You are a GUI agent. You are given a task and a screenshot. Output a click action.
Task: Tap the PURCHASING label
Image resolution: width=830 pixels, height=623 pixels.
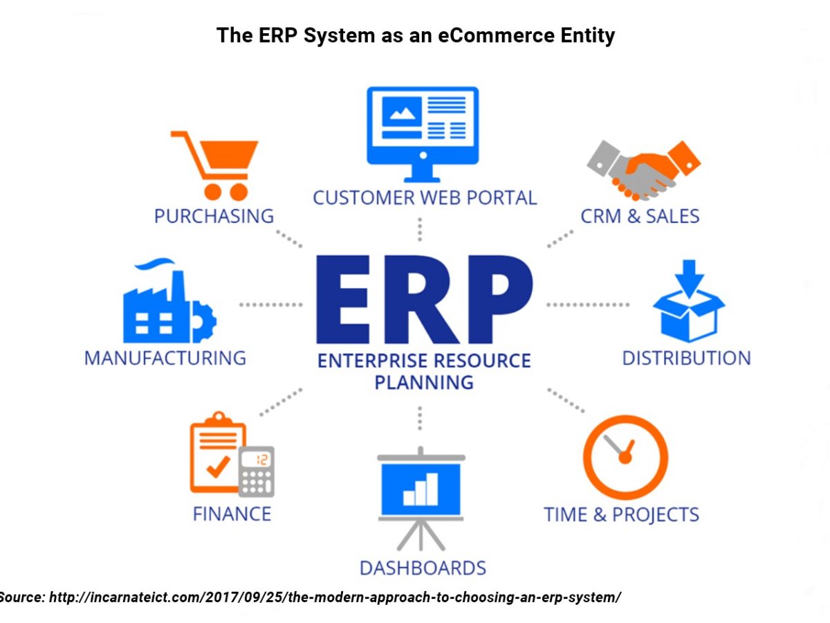(x=214, y=217)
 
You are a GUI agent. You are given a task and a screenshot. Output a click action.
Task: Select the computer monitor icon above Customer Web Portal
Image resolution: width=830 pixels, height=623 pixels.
(x=423, y=134)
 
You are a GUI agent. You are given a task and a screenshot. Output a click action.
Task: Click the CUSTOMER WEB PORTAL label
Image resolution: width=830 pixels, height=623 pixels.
(x=425, y=198)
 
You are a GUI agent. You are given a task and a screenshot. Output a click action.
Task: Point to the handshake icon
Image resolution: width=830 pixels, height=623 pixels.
(x=643, y=170)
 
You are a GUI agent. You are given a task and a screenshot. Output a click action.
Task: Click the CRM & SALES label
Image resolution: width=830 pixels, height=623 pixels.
(x=640, y=217)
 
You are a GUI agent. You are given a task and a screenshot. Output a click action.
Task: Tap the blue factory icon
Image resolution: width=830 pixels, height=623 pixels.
(x=169, y=300)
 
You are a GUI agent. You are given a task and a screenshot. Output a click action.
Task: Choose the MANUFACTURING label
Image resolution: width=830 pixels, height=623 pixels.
(x=165, y=358)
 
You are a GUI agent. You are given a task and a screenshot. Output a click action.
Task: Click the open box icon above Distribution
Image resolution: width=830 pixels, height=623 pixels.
(x=689, y=300)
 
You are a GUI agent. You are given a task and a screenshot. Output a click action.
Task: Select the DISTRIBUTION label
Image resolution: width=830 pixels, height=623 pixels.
(x=686, y=358)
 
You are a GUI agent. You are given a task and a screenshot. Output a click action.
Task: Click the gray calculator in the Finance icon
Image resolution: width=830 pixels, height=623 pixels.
(x=257, y=471)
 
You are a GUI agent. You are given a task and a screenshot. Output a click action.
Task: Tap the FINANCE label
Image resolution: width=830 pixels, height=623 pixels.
(x=232, y=514)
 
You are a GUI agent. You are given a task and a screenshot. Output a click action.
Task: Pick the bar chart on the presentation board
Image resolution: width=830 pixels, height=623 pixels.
(x=421, y=489)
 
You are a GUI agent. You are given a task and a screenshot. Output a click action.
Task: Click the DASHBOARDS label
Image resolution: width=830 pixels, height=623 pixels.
(x=423, y=568)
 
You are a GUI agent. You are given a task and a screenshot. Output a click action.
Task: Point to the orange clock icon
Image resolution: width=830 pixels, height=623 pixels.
(x=625, y=458)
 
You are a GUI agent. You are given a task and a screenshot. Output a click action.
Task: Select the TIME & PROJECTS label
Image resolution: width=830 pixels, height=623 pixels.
(x=621, y=515)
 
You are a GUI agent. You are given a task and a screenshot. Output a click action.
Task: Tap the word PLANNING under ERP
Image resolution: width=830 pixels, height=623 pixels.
(x=424, y=382)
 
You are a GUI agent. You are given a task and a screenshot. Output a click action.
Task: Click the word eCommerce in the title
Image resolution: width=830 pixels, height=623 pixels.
(x=497, y=35)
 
